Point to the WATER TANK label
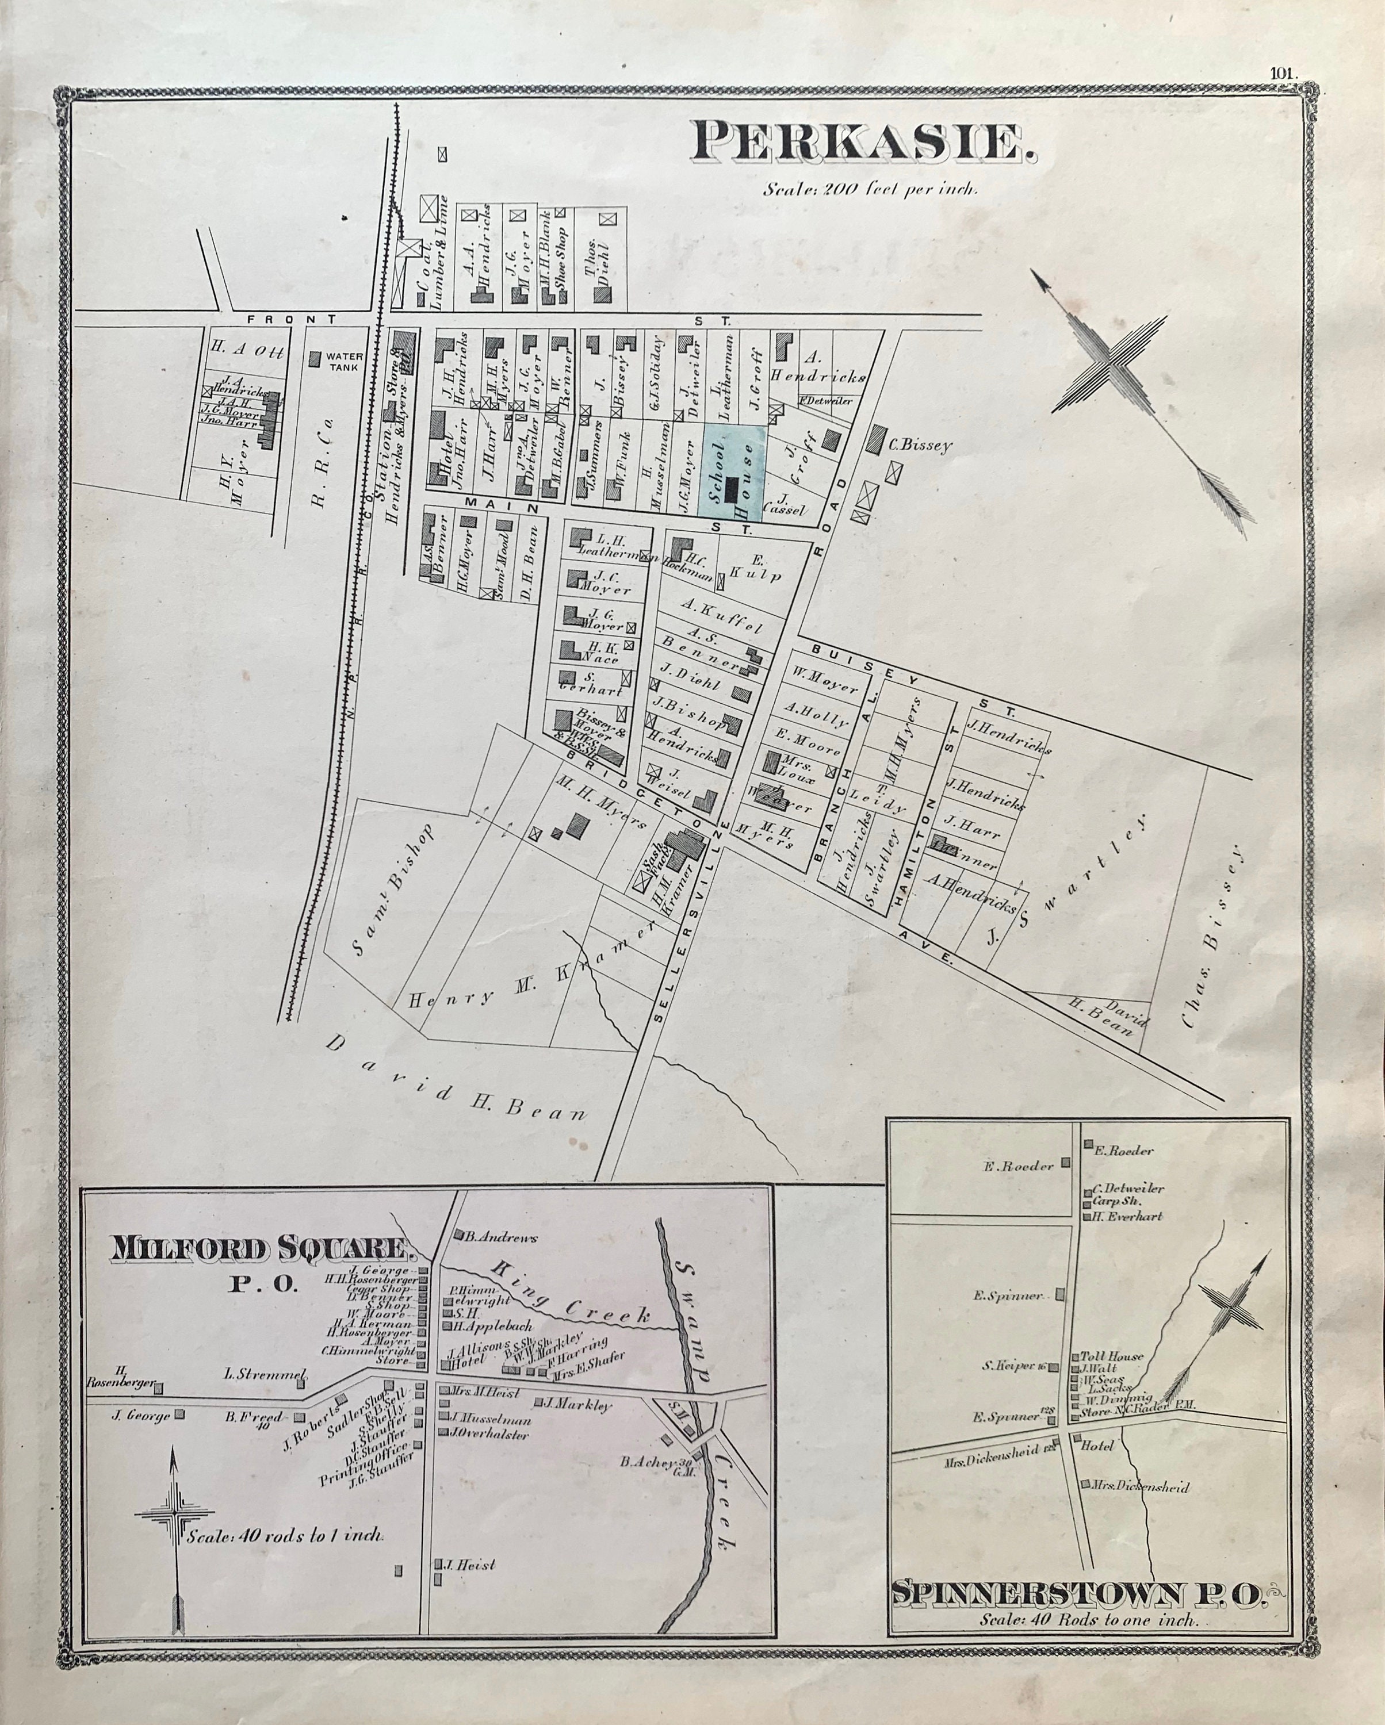click(x=342, y=361)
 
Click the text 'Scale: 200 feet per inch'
click(x=870, y=190)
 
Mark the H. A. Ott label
click(x=246, y=350)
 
